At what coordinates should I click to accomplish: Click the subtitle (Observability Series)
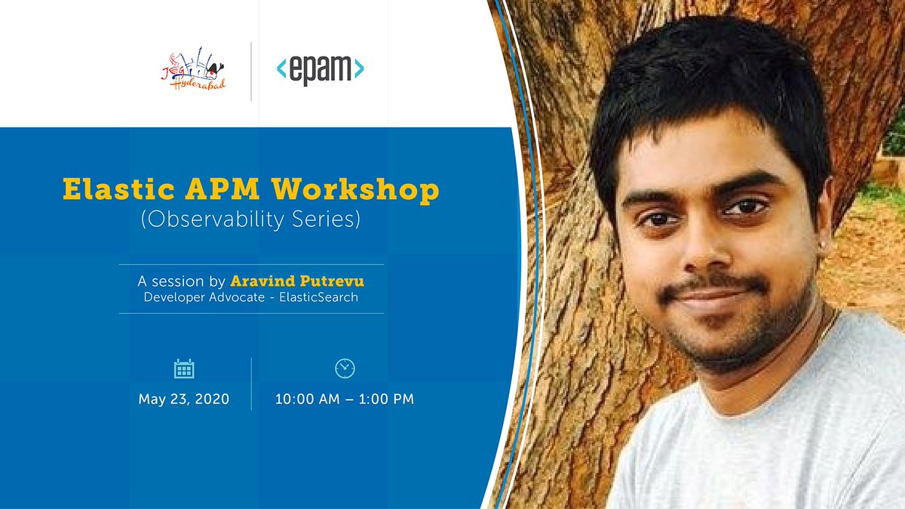(x=250, y=219)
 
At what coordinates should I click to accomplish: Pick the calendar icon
(x=184, y=369)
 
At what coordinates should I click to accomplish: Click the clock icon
(x=345, y=368)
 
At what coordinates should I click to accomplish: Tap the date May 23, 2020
(x=184, y=399)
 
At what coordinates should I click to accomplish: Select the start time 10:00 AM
(x=307, y=399)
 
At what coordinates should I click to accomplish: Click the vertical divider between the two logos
(x=251, y=72)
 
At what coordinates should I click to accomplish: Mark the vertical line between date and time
(x=251, y=384)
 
